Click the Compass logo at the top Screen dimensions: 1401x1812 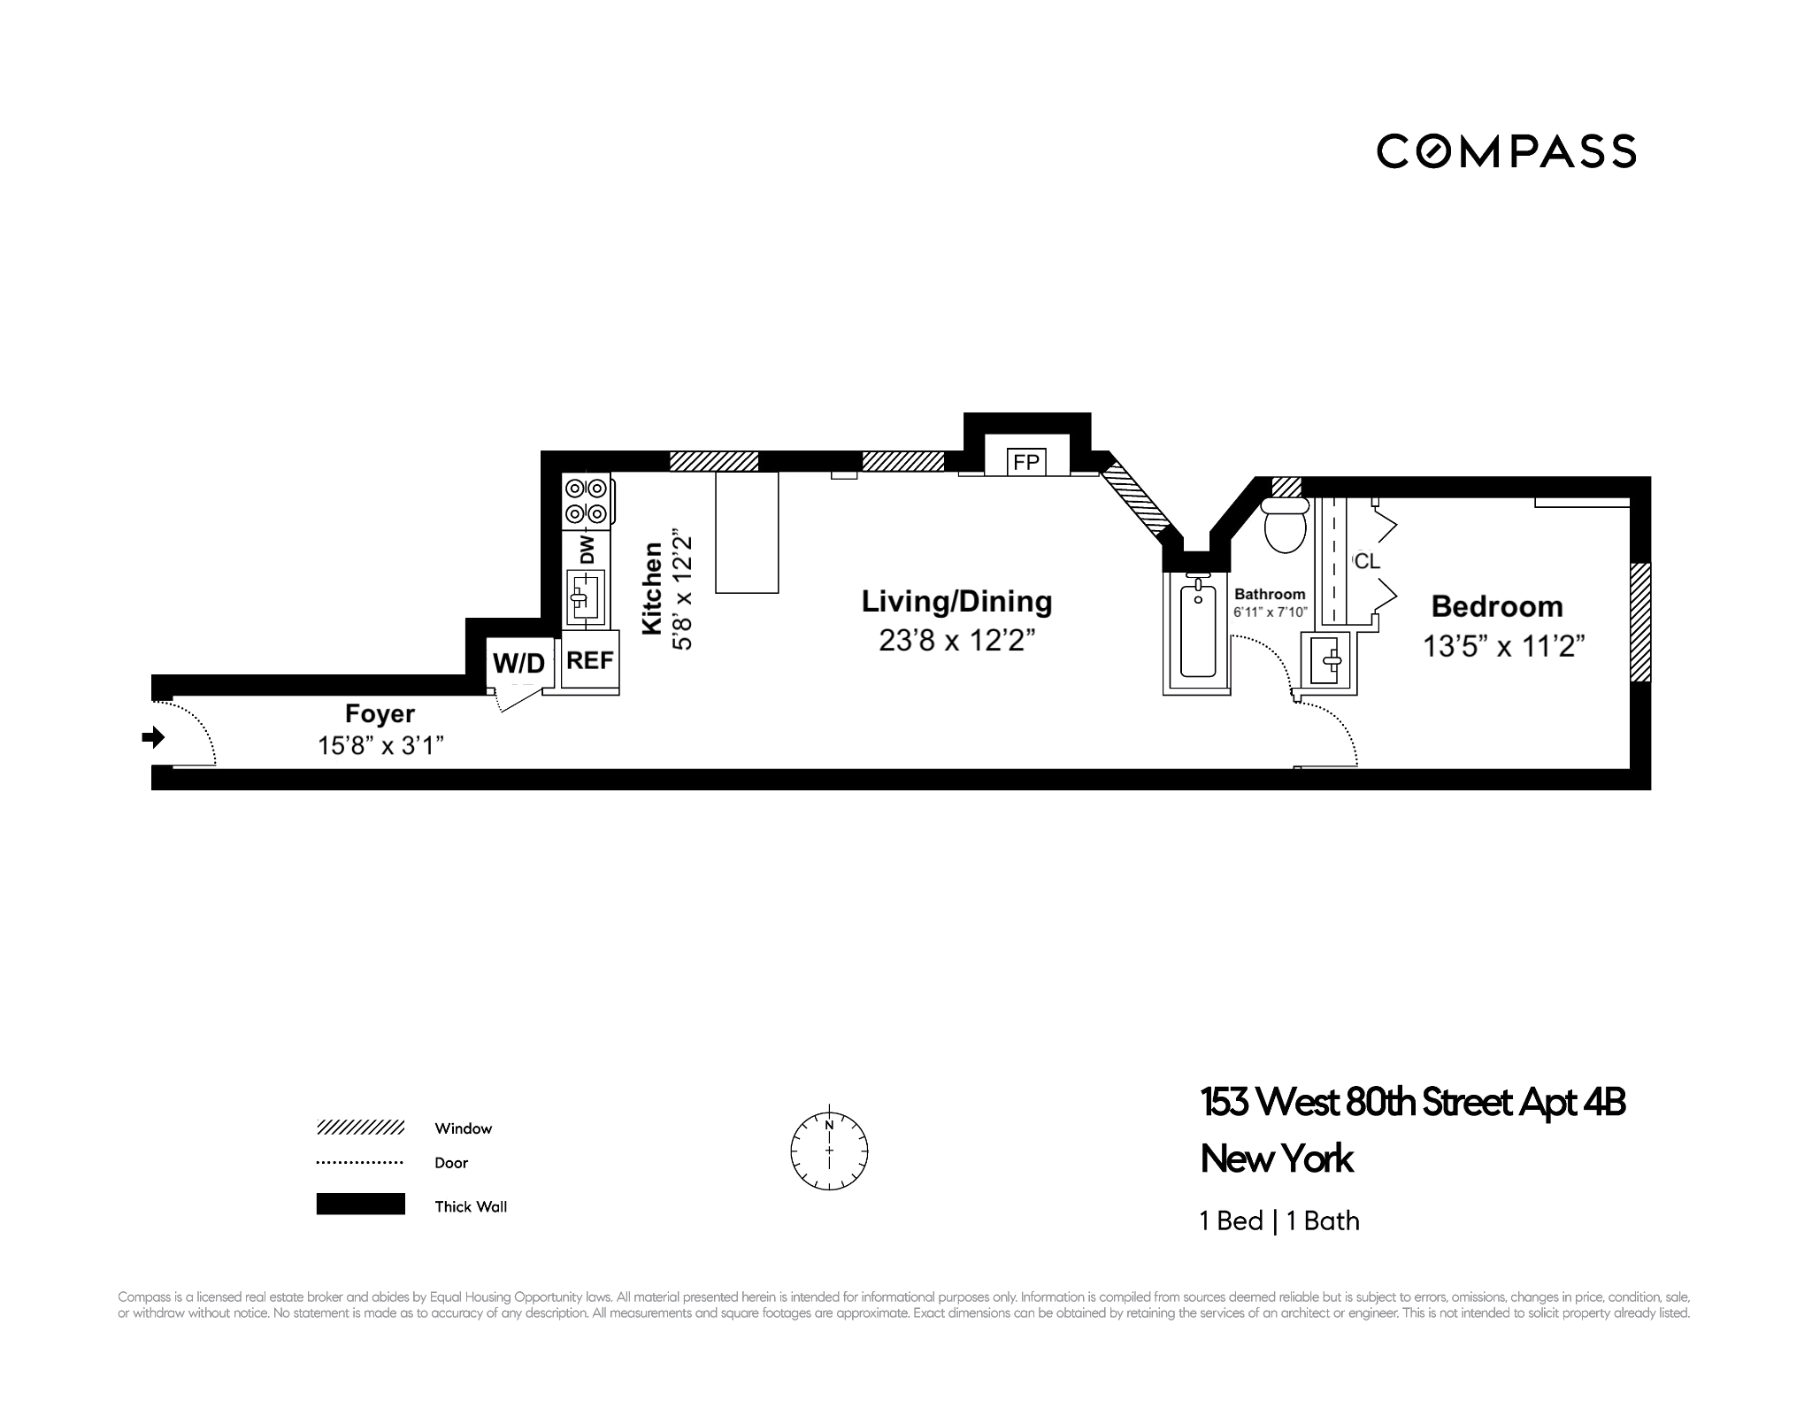pos(1506,151)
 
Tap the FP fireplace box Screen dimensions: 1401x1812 pos(1026,462)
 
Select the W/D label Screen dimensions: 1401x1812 pos(518,662)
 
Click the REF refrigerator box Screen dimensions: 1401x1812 pos(589,660)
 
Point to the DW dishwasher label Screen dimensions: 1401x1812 pos(587,549)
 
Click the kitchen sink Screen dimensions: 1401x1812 pos(585,597)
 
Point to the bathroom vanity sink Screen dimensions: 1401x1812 pos(1329,660)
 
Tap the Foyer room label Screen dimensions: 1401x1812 pos(380,713)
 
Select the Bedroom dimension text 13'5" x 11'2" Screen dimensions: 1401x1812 pos(1503,646)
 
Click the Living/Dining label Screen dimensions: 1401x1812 pos(956,602)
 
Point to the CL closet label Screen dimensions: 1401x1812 pos(1367,561)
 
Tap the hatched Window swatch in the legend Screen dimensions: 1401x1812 pos(360,1128)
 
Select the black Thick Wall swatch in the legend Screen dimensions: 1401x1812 pos(360,1205)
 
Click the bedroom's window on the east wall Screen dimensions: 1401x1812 pos(1640,622)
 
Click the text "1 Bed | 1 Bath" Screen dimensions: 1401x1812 pos(1279,1221)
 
